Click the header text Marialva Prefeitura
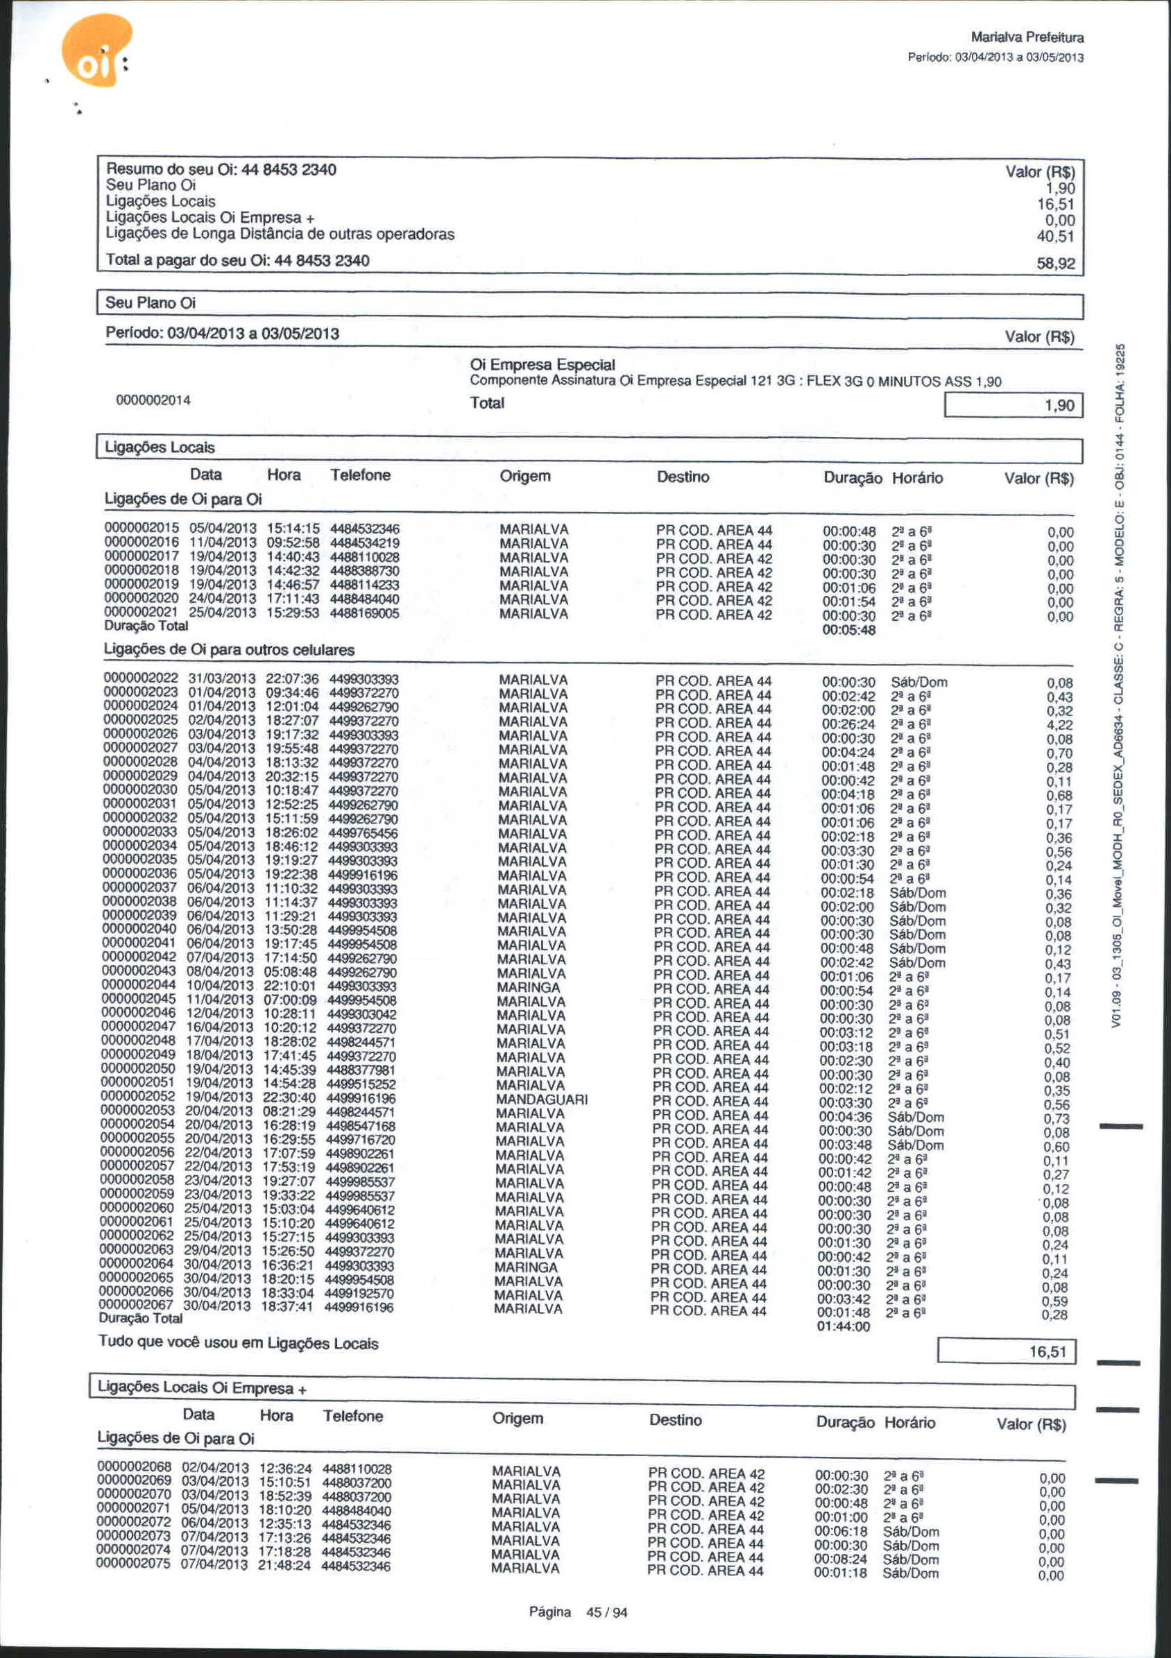click(1027, 37)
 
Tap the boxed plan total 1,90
click(1059, 406)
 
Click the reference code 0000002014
click(153, 401)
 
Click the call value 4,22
click(1059, 725)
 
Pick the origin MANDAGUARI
click(542, 1099)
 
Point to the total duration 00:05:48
click(849, 630)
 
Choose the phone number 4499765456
click(362, 833)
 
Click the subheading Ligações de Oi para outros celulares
click(229, 650)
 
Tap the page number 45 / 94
click(606, 1612)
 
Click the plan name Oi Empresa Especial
click(542, 365)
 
